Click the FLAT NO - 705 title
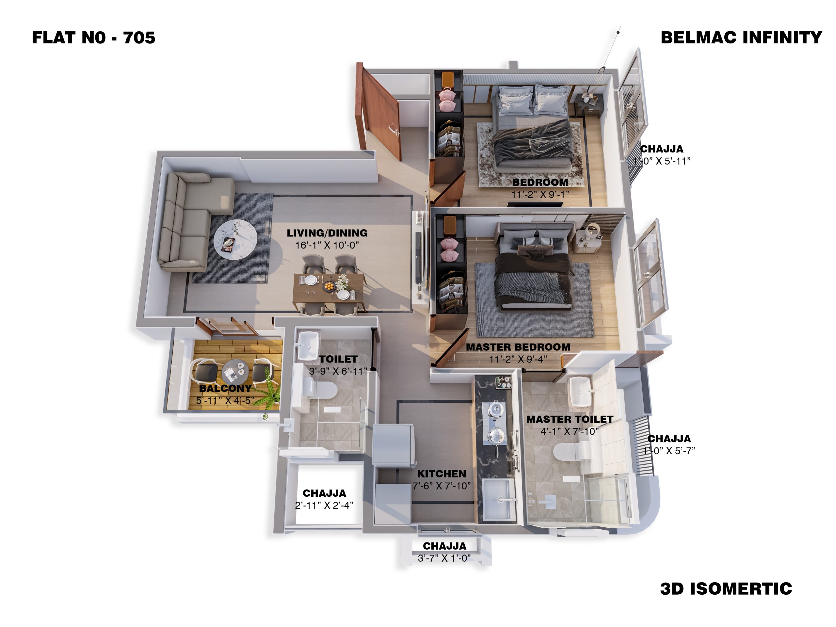[93, 38]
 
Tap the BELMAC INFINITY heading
[741, 38]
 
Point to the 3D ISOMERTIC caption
[726, 588]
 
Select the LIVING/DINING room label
[327, 233]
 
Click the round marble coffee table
[235, 240]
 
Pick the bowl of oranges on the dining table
[329, 287]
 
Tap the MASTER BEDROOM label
[518, 347]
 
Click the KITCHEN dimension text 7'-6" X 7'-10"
[442, 486]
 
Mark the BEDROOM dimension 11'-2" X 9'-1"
[540, 194]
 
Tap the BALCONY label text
[225, 388]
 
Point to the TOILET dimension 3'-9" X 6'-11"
[338, 371]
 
